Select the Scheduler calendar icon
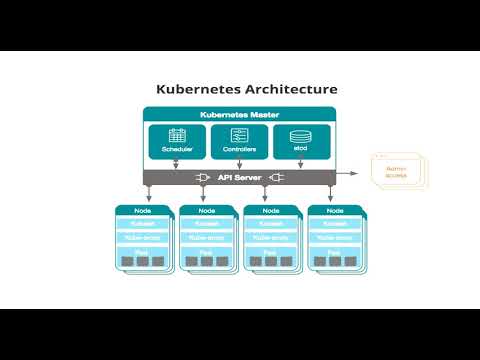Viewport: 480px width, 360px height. pos(177,135)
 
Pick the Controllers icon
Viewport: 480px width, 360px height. pos(239,135)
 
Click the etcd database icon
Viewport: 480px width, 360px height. pos(301,135)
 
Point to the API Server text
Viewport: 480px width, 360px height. pos(239,177)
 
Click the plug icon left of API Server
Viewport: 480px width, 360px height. pos(201,177)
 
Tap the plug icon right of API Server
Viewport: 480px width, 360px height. pos(277,177)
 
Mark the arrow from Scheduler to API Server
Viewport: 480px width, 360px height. pos(177,163)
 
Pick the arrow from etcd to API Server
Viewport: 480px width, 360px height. pos(301,163)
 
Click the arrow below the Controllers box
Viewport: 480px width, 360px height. pos(239,163)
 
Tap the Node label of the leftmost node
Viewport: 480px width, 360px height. pos(143,210)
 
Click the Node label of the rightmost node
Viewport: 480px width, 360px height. pos(336,210)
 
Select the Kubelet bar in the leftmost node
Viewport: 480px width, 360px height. pos(143,225)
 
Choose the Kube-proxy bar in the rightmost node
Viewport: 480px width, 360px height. pos(336,239)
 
